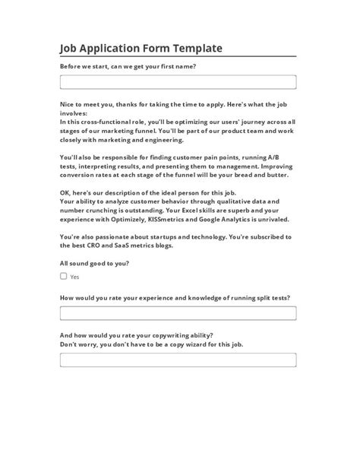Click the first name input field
[x=178, y=81]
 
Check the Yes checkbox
[x=64, y=277]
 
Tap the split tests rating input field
[x=178, y=313]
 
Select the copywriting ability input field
[x=178, y=360]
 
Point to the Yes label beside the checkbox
[x=74, y=277]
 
